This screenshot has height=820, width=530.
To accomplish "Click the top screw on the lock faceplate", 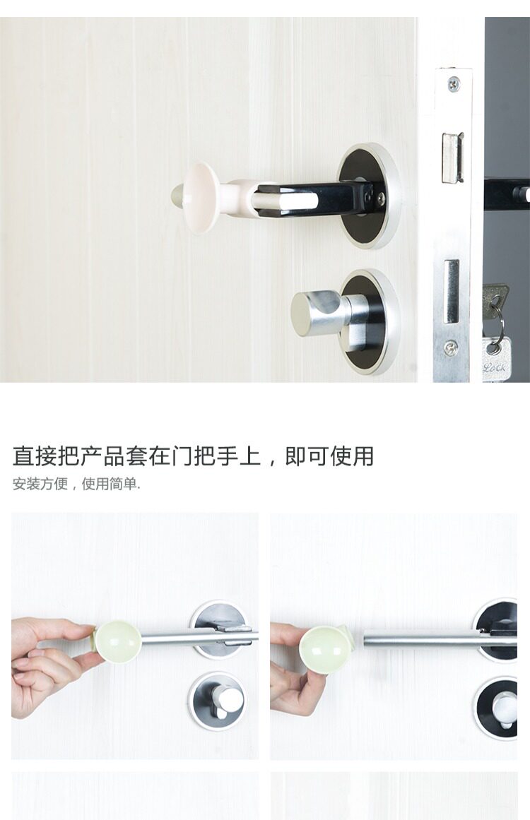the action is click(454, 82).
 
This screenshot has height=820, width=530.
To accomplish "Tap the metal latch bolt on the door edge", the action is click(452, 157).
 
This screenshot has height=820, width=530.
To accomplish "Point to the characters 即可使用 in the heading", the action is click(329, 456).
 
